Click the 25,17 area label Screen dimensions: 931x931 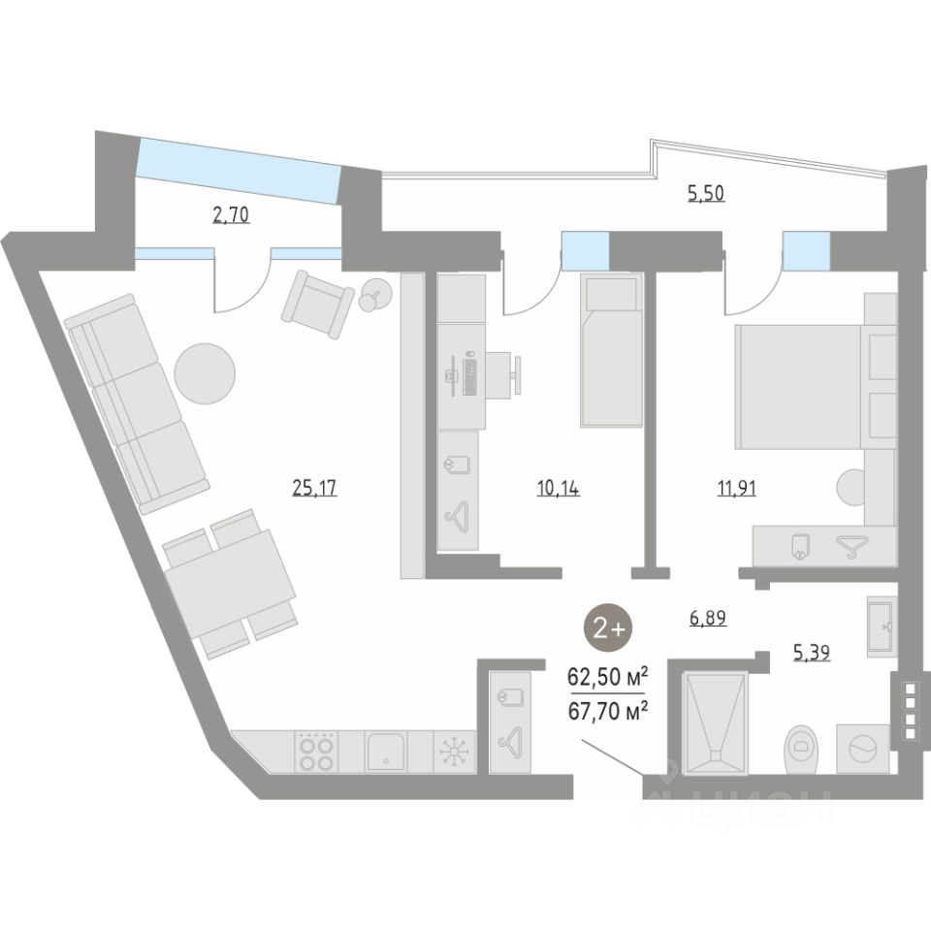[314, 488]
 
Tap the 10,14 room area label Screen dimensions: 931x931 [558, 488]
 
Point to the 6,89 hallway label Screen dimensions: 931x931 [708, 616]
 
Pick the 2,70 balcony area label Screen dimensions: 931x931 [231, 214]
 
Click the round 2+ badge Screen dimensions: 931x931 [609, 628]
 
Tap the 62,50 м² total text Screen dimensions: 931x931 [609, 675]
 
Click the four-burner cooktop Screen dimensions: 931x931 [316, 752]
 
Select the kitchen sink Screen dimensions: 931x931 [386, 752]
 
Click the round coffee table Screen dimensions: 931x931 [205, 372]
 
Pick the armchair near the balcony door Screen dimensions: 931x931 [317, 303]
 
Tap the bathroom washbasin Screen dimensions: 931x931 [883, 626]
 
